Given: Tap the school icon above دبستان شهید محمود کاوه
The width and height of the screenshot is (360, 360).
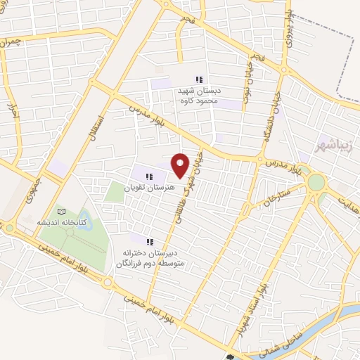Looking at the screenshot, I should coord(199,79).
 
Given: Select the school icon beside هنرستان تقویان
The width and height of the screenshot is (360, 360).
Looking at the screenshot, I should coord(149,176).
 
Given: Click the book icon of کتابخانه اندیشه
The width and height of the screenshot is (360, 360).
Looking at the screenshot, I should coord(62,212).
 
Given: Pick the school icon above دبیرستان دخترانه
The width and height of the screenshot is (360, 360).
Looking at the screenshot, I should coord(149,240).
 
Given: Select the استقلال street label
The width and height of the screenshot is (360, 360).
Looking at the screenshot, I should coord(96,127).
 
